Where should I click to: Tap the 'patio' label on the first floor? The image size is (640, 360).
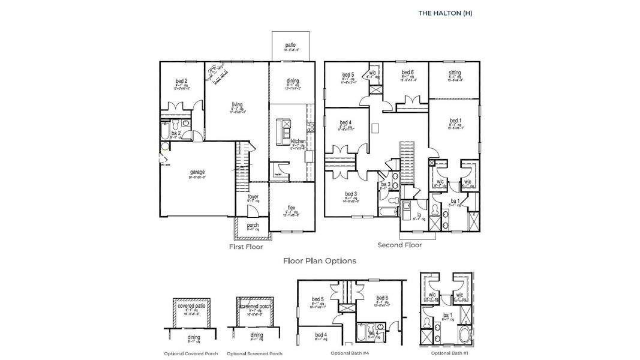tap(290, 44)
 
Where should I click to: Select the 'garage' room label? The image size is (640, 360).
tap(198, 172)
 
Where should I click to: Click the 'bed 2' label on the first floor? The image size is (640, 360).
tap(182, 80)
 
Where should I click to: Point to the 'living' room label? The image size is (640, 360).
tap(238, 104)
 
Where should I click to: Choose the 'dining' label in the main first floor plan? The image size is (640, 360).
tap(292, 80)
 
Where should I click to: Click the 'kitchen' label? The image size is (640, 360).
tap(298, 140)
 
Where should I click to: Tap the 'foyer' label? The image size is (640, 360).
tap(253, 196)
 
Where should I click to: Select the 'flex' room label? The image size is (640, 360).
tap(291, 207)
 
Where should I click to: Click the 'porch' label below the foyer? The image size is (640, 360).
tap(253, 225)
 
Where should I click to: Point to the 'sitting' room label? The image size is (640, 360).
tap(455, 73)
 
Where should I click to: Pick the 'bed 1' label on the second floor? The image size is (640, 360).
tap(455, 120)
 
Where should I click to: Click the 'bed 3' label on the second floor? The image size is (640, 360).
tap(351, 194)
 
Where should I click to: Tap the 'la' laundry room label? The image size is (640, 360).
tap(419, 214)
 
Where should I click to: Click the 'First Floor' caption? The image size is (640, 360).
tap(246, 247)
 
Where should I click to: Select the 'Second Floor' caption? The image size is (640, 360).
tap(399, 245)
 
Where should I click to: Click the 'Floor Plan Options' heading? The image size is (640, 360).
tap(320, 261)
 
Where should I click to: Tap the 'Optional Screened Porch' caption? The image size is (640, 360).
tap(254, 353)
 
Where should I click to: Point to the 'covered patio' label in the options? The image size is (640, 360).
tap(193, 306)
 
